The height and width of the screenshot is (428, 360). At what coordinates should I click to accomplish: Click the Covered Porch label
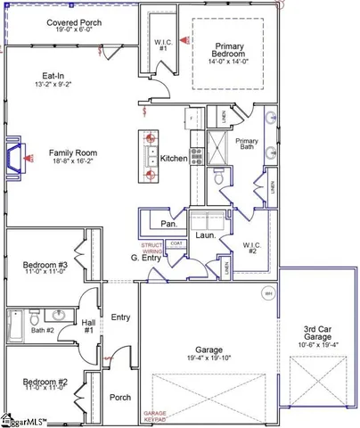[x=49, y=21]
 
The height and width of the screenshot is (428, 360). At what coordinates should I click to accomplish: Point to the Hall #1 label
[x=89, y=327]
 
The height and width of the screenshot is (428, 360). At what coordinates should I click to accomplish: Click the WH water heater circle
[x=266, y=293]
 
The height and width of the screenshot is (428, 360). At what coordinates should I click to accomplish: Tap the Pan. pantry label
[x=167, y=224]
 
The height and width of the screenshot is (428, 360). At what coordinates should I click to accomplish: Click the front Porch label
[x=119, y=397]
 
